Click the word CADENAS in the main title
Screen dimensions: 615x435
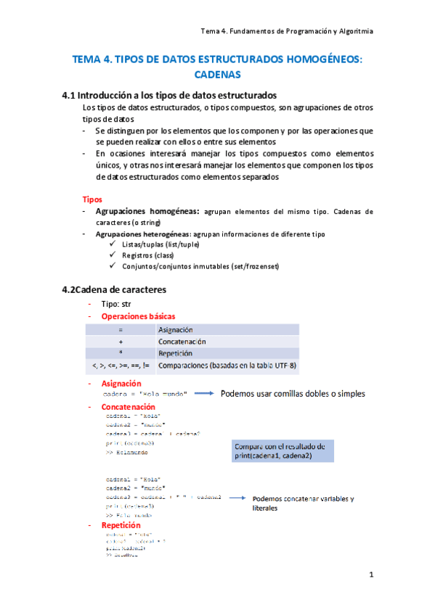(x=218, y=74)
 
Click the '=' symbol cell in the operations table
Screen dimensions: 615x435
(x=121, y=330)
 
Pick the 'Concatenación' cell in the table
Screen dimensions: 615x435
(x=182, y=342)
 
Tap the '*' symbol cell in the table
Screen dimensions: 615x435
(x=121, y=353)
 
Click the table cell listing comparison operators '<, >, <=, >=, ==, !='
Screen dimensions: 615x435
(x=121, y=365)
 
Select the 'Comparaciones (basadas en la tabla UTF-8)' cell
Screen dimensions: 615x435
(x=227, y=365)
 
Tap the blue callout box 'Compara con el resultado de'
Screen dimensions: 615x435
(x=282, y=450)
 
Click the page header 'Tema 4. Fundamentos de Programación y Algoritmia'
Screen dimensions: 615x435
(x=287, y=31)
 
